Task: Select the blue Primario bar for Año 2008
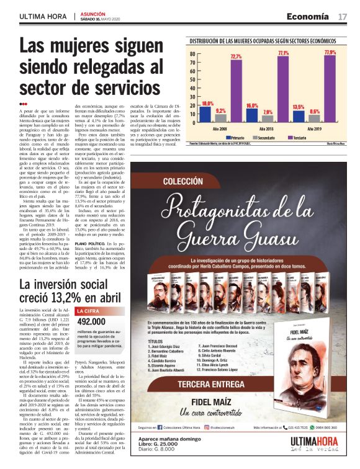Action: point(207,115)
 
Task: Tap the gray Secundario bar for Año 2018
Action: point(268,118)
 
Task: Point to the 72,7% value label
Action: point(236,56)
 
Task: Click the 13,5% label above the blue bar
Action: point(299,107)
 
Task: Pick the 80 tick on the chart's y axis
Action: point(192,53)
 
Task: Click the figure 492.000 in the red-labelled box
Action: point(91,321)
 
